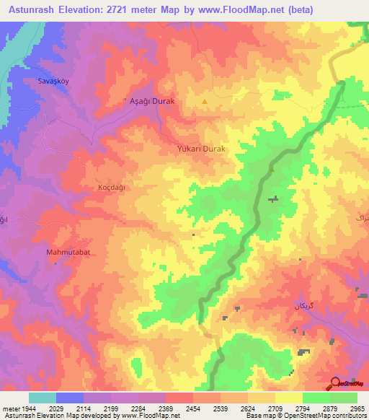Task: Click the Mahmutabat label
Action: click(x=67, y=253)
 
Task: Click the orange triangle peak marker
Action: click(x=205, y=102)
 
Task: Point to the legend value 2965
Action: click(x=357, y=408)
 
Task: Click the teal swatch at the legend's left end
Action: click(x=43, y=398)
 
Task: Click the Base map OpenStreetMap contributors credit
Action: click(x=305, y=416)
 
